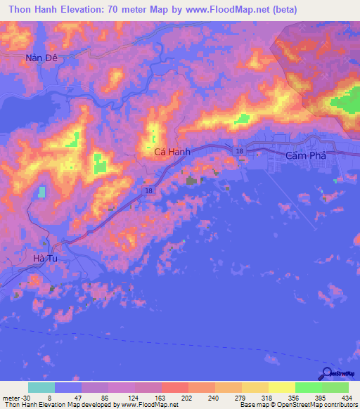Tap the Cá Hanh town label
[x=170, y=151]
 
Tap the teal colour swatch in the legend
[x=41, y=387]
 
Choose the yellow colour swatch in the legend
[x=281, y=387]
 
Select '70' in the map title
[x=123, y=10]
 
